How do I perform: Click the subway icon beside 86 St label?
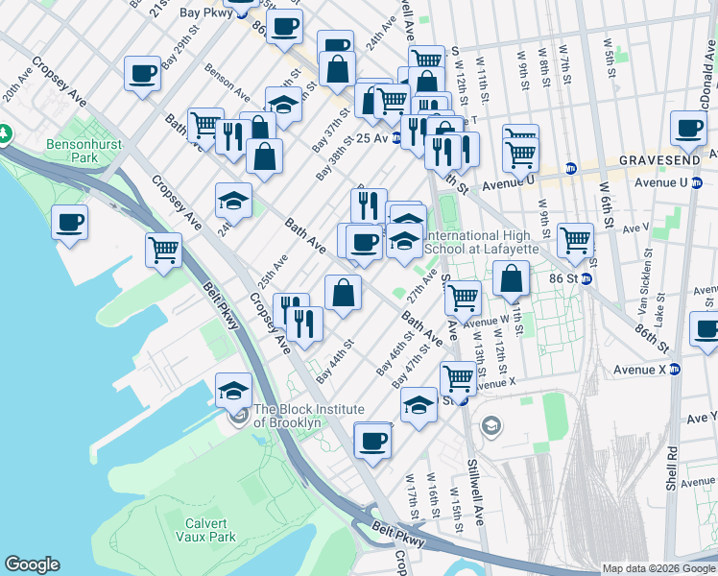pyautogui.click(x=585, y=279)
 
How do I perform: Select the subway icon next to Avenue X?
pyautogui.click(x=674, y=369)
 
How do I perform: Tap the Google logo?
pyautogui.click(x=32, y=564)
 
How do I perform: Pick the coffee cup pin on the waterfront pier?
pyautogui.click(x=70, y=223)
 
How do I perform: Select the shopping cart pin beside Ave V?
pyautogui.click(x=576, y=239)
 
